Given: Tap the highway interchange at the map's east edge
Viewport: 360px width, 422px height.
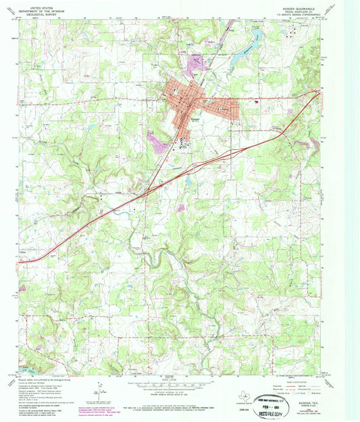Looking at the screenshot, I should (315, 93).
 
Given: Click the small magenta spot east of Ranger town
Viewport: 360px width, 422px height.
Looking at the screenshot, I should (257, 103).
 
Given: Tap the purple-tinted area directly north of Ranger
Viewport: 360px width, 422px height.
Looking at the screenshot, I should (196, 64).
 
